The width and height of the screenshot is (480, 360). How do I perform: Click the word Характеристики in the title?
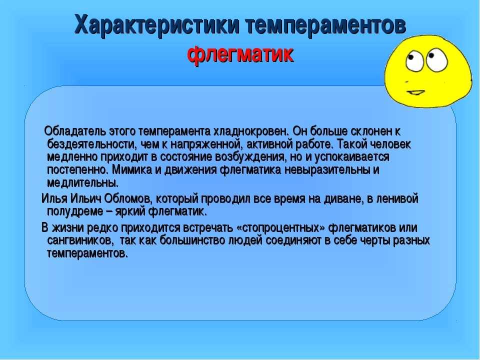tap(156, 25)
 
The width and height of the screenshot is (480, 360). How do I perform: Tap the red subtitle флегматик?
tap(240, 55)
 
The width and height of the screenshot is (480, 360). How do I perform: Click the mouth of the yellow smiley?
tap(415, 92)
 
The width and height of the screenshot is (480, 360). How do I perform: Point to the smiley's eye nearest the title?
tap(414, 61)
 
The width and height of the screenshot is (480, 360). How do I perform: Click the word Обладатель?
tap(75, 131)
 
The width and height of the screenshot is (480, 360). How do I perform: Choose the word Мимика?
tap(132, 170)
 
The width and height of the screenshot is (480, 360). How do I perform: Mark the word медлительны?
tap(82, 183)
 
